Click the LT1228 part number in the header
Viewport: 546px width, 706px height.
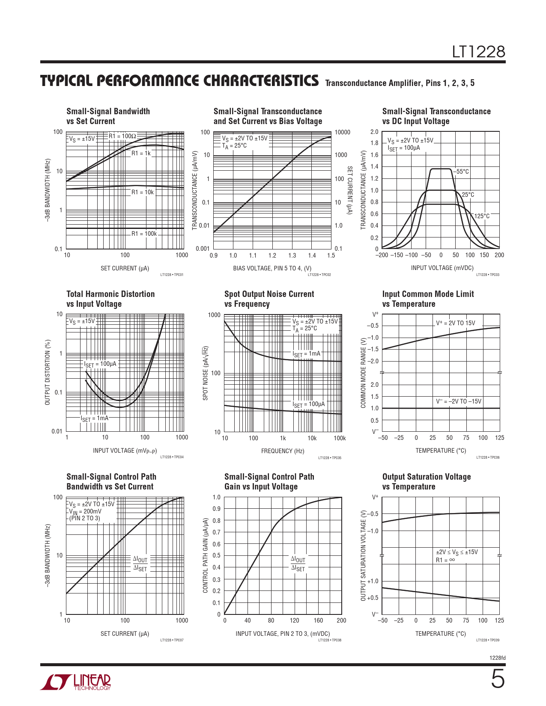click(479, 52)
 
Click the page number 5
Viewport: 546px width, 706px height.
click(497, 680)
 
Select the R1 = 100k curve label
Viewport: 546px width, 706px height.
click(144, 234)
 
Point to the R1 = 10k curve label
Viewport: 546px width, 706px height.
click(142, 192)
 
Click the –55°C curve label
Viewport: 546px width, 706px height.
click(461, 172)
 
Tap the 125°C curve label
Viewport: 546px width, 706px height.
click(482, 216)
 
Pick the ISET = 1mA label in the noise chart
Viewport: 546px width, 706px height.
click(306, 354)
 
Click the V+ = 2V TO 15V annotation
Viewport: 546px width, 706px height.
click(455, 323)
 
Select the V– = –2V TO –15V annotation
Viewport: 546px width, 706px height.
click(458, 401)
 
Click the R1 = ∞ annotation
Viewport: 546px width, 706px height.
click(445, 560)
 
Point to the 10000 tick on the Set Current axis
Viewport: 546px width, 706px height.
click(342, 132)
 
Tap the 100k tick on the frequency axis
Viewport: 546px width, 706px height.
click(340, 438)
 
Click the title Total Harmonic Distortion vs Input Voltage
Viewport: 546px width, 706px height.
click(110, 299)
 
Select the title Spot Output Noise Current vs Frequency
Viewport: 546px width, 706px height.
click(269, 299)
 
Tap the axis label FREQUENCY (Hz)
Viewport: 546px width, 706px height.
click(283, 451)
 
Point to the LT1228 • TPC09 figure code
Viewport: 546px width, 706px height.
click(488, 640)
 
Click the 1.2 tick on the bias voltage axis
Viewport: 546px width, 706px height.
click(272, 255)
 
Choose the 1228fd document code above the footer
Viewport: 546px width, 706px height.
click(497, 658)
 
